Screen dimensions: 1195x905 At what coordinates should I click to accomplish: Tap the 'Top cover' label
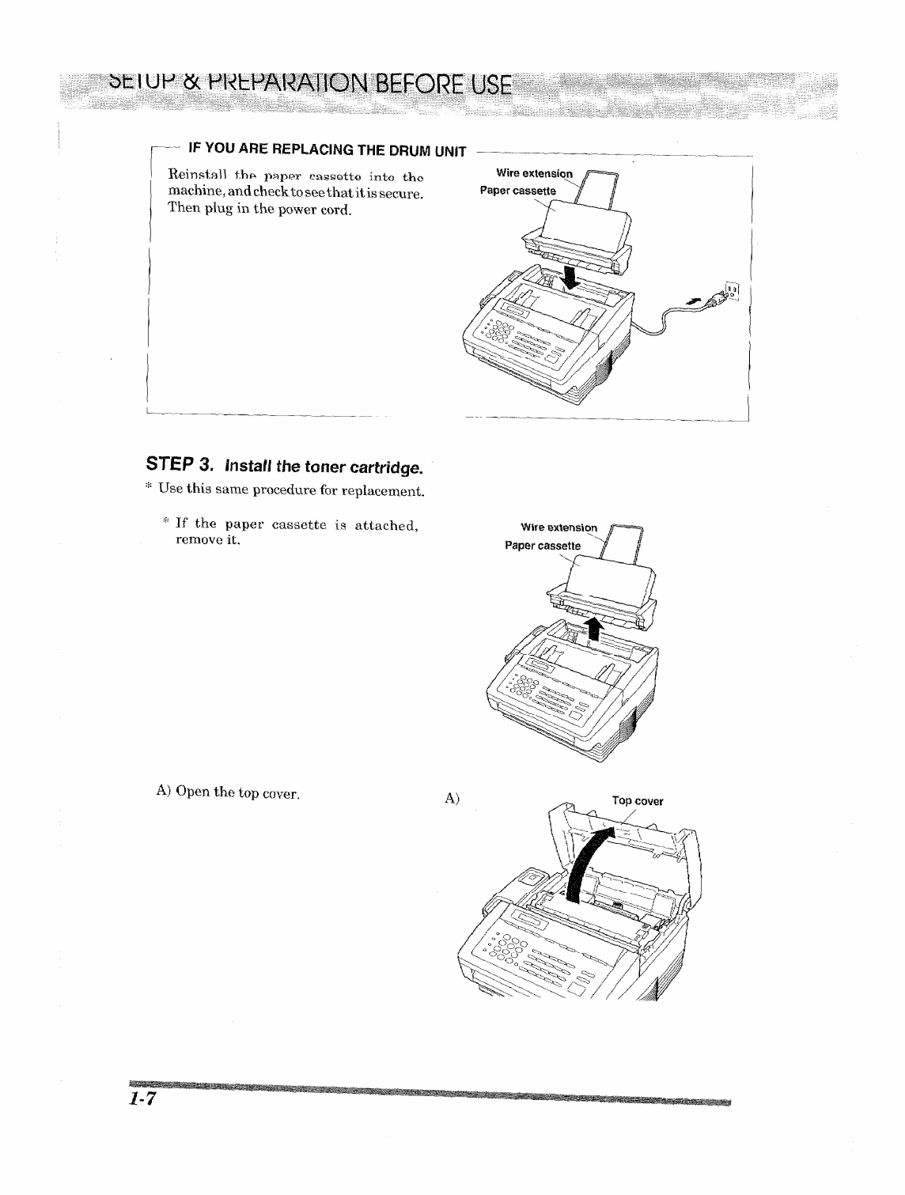638,800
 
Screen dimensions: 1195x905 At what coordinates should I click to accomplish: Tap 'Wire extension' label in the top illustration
533,173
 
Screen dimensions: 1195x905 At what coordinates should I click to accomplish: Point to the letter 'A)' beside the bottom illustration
452,799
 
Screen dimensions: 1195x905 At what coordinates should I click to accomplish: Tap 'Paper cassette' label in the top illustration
518,191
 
